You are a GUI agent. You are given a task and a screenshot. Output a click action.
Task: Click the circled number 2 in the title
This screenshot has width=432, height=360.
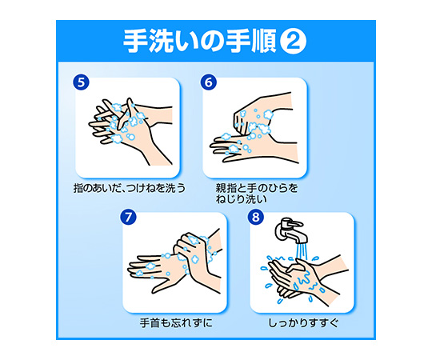[293, 41]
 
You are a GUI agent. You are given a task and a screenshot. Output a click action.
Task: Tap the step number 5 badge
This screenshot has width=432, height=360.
[81, 82]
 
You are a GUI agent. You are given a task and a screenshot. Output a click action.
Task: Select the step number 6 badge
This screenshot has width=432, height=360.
[209, 82]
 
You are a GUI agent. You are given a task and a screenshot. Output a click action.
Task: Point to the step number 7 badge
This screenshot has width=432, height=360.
[128, 217]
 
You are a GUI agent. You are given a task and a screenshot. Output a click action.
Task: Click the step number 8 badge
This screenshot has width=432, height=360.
[256, 217]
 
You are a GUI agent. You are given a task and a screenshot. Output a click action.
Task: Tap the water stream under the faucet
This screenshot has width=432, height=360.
[302, 252]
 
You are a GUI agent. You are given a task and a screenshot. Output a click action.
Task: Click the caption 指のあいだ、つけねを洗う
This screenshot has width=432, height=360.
[130, 188]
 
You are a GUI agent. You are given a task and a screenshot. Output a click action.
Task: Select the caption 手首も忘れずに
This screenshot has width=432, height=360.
[176, 323]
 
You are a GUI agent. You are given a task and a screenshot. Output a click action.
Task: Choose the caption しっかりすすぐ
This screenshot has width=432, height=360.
[303, 323]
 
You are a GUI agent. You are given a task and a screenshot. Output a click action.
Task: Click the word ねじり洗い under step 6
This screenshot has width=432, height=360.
[242, 199]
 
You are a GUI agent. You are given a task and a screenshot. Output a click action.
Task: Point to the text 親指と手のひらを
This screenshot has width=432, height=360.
[257, 188]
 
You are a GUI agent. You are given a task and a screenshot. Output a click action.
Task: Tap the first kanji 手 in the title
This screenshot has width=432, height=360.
[135, 41]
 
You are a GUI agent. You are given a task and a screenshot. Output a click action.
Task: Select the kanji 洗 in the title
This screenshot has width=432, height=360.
[161, 41]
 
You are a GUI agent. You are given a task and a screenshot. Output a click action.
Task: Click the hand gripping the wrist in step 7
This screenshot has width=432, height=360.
[197, 254]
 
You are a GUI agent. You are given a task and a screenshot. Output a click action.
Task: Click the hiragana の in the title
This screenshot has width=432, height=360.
[213, 42]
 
